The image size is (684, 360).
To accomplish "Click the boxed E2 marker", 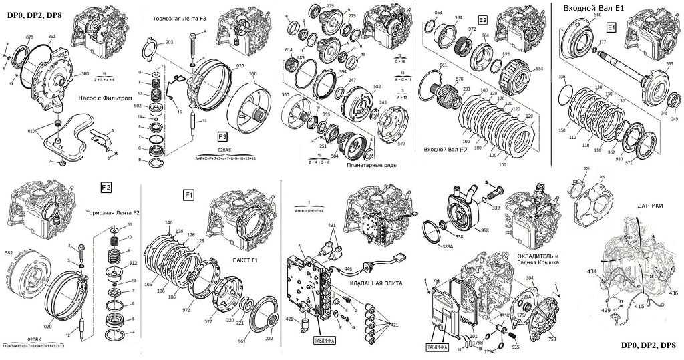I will [482, 20].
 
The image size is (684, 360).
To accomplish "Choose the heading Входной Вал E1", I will [594, 8].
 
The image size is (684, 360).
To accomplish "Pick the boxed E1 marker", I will [610, 28].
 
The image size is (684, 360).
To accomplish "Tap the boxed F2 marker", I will [106, 185].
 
